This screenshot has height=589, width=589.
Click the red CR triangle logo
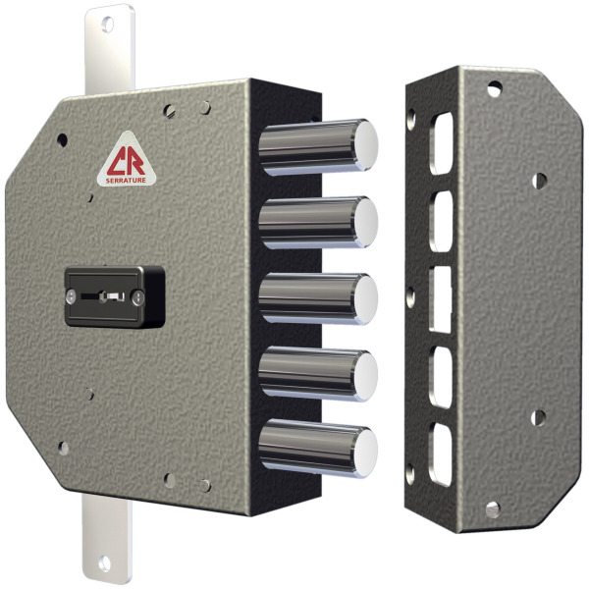127,159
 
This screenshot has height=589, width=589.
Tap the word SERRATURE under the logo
126,181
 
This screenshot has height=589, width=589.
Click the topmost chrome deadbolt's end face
366,145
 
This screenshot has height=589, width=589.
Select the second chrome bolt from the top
318,223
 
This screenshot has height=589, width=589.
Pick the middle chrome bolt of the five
318,298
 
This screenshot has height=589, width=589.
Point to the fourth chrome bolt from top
318,374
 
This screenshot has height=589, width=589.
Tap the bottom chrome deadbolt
318,449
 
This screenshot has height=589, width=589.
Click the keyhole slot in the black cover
103,296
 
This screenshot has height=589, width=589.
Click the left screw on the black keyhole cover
71,296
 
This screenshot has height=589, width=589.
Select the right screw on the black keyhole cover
137,297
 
